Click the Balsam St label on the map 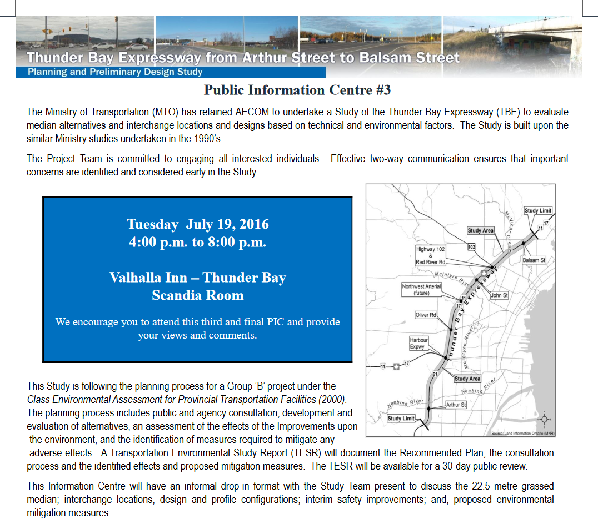click(x=534, y=260)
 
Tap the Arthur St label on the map click(x=456, y=405)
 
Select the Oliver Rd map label click(x=426, y=315)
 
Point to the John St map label click(x=499, y=295)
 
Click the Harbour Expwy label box click(x=418, y=343)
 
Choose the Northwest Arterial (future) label click(x=421, y=290)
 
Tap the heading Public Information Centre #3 click(x=301, y=90)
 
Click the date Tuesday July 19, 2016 click(x=198, y=224)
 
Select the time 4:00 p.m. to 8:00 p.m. click(x=198, y=243)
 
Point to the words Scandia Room click(x=198, y=295)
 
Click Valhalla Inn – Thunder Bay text click(x=198, y=278)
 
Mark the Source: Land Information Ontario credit click(x=522, y=434)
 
